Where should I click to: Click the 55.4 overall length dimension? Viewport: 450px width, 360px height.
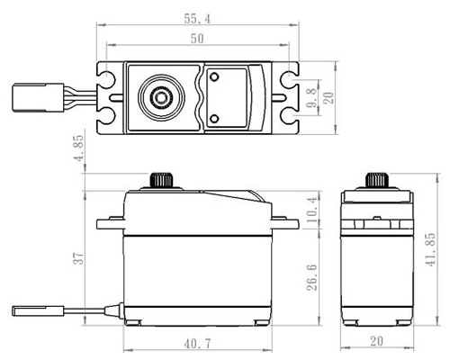point(197,19)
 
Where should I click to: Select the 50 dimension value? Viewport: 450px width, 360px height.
point(197,39)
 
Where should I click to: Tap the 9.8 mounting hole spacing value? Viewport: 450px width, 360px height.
point(312,98)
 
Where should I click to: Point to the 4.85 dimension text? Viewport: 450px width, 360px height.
point(79,148)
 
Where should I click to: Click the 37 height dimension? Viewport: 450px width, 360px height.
point(79,258)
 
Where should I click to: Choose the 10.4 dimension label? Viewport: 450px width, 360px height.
point(312,210)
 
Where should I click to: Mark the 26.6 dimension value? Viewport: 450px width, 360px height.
point(312,277)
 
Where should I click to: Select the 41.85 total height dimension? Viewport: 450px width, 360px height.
point(430,249)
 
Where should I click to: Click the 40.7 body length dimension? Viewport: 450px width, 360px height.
point(197,344)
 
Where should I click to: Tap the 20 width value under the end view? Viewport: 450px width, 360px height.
point(377,341)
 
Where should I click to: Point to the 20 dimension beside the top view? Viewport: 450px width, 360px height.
point(328,98)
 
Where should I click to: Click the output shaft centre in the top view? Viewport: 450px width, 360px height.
point(161,97)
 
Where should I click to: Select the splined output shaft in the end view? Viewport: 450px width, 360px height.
point(377,180)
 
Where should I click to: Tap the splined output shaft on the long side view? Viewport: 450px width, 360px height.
point(161,180)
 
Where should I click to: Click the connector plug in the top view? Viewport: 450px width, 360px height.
point(38,98)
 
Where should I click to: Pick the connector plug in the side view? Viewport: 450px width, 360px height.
point(38,310)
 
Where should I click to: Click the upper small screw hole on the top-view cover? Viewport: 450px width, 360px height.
point(214,77)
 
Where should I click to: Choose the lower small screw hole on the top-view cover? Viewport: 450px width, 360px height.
point(214,119)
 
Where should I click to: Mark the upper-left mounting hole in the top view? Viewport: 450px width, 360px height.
point(107,78)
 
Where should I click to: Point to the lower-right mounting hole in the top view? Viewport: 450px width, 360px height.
point(289,116)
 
